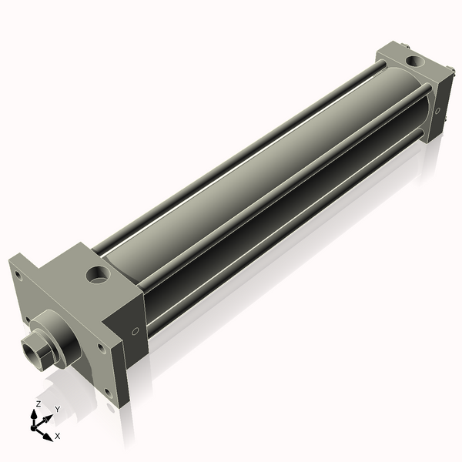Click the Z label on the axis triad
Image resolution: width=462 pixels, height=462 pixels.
pyautogui.click(x=38, y=404)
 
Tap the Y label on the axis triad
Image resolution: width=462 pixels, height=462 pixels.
pyautogui.click(x=58, y=409)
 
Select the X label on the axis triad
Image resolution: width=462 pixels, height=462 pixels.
pyautogui.click(x=58, y=436)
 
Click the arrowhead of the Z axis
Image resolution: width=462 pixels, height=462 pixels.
pyautogui.click(x=34, y=414)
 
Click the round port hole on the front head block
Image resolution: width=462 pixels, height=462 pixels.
pyautogui.click(x=98, y=274)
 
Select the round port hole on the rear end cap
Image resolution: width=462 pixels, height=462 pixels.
pyautogui.click(x=415, y=61)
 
